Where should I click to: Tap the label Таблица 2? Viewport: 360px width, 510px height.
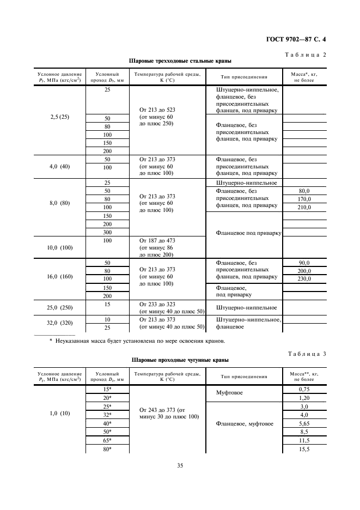pos(306,54)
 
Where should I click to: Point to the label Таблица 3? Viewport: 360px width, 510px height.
pos(306,354)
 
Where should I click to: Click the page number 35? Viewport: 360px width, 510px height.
pos(180,465)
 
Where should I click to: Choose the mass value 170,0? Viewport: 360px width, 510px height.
pos(304,199)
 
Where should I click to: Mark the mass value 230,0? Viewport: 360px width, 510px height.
pos(304,279)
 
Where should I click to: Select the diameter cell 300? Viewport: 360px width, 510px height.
pos(107,232)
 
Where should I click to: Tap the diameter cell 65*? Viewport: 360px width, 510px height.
pos(107,440)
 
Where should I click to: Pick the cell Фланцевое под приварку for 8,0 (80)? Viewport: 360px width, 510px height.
pos(248,233)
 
